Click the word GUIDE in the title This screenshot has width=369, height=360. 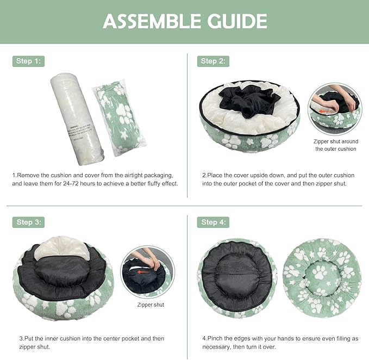click(237, 21)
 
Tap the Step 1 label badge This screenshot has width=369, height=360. click(28, 61)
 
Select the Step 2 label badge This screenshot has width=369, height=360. click(212, 61)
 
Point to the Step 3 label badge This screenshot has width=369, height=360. click(28, 222)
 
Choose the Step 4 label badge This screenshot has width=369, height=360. click(212, 222)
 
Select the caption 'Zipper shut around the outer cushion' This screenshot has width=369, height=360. click(335, 145)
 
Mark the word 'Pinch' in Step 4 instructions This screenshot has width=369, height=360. click(216, 338)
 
